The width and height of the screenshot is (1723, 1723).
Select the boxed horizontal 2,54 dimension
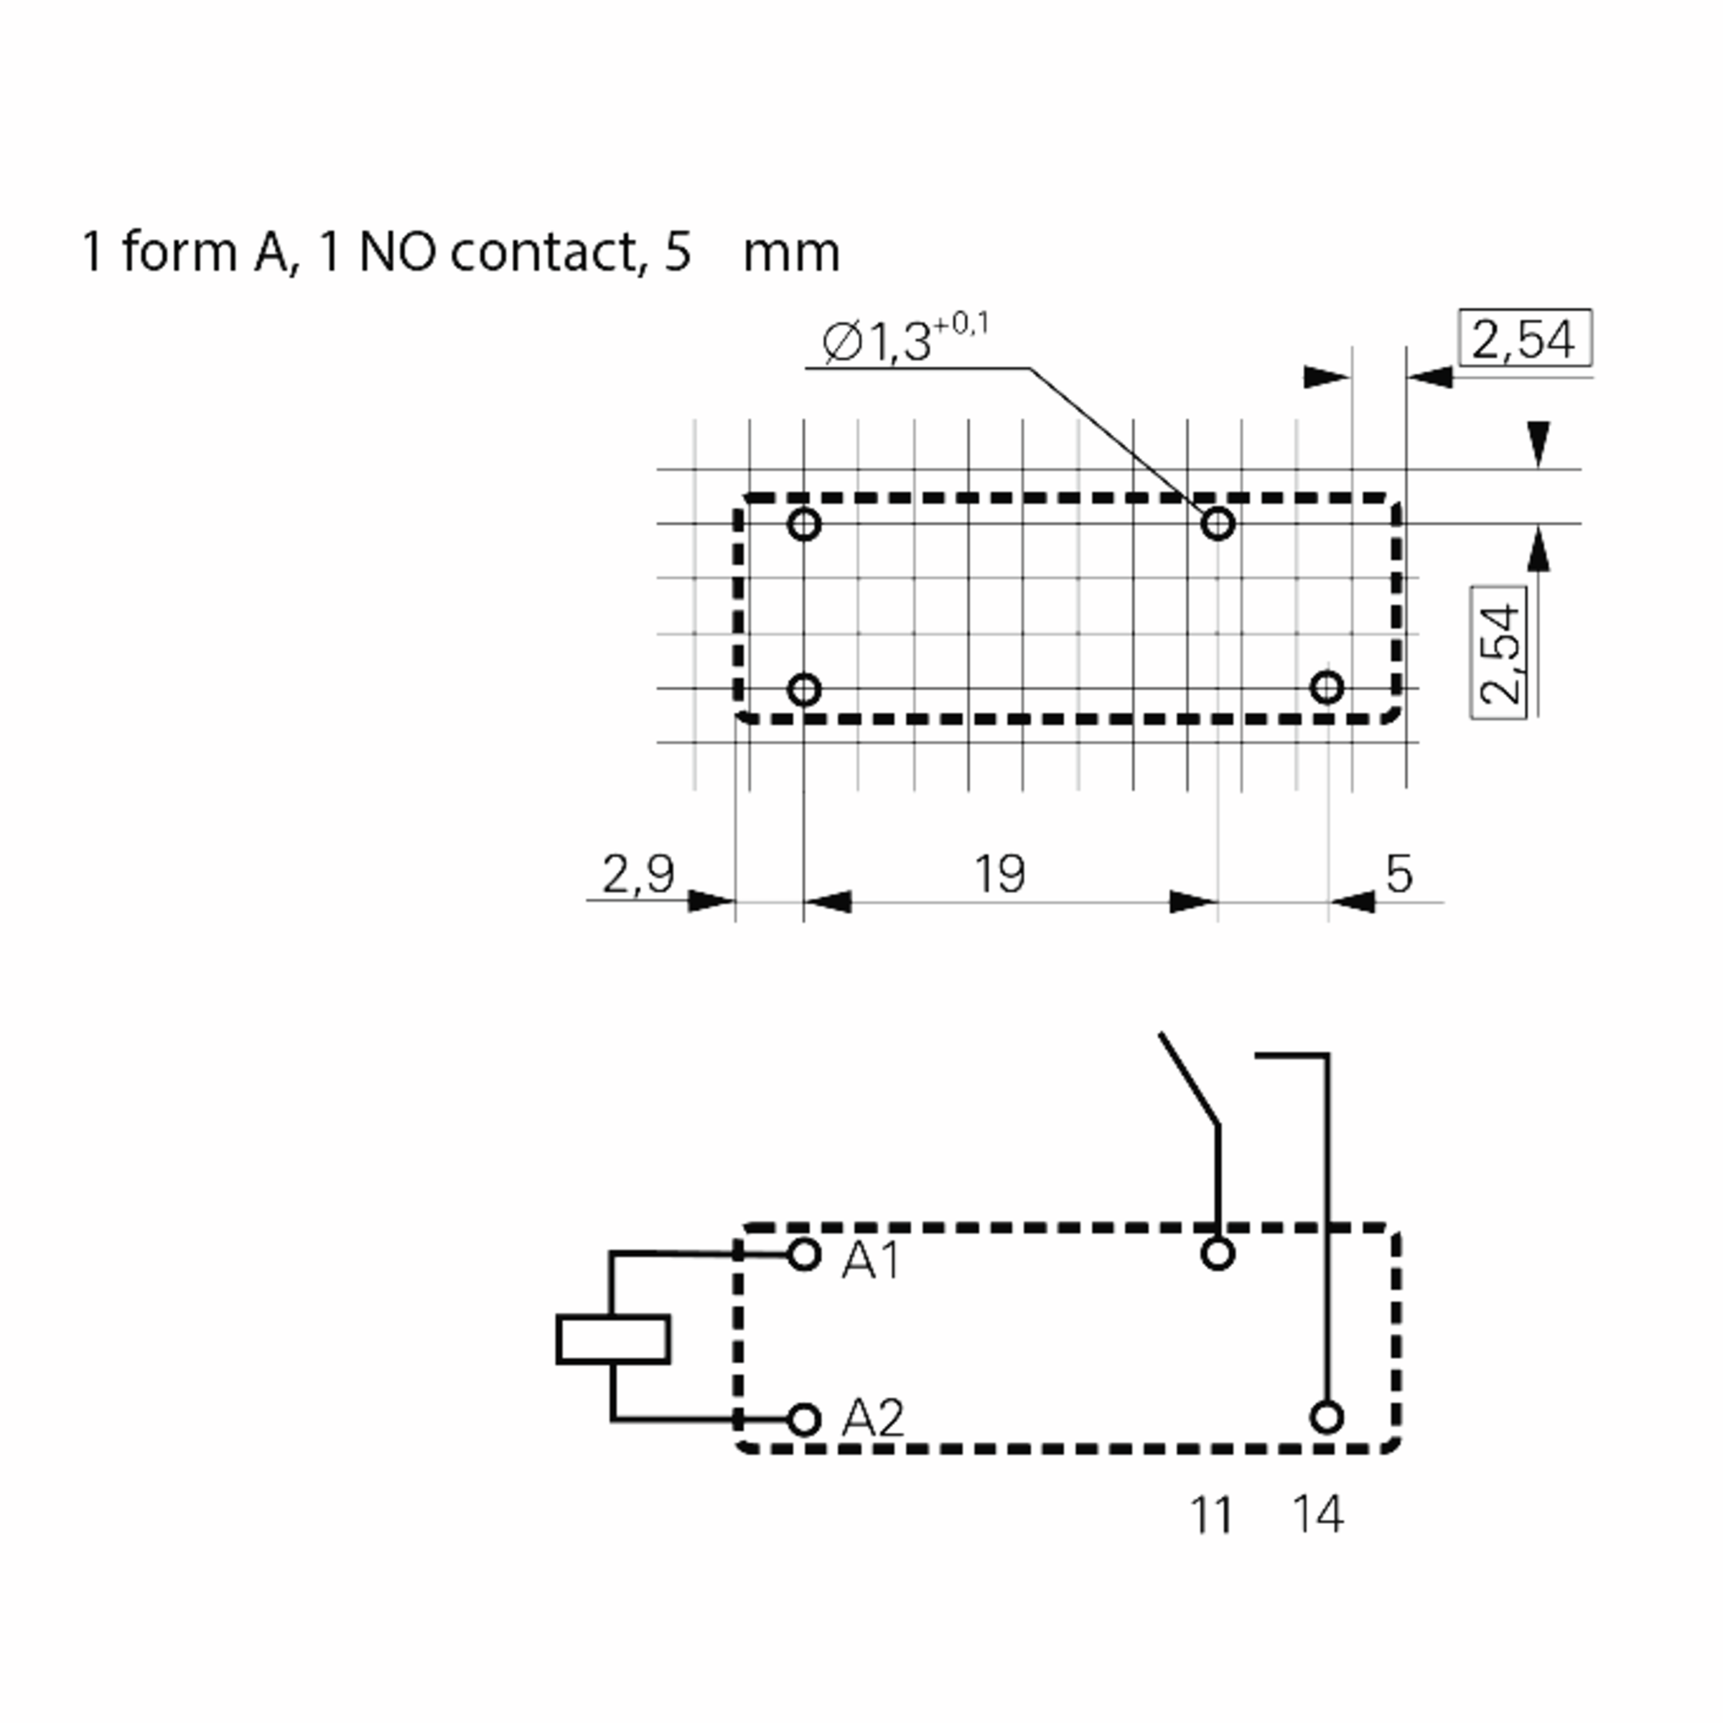tap(1524, 339)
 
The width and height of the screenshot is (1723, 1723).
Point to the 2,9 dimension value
tap(638, 873)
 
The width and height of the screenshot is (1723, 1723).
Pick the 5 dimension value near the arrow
tap(1399, 873)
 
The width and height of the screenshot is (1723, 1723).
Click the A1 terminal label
tap(870, 1260)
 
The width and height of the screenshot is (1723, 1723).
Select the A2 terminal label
tap(872, 1418)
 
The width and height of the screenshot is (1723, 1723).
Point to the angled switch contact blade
tap(1189, 1080)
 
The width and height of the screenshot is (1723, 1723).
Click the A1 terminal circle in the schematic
tap(803, 1255)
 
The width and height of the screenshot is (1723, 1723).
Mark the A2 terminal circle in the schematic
tap(803, 1419)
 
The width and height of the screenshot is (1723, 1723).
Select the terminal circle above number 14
tap(1327, 1417)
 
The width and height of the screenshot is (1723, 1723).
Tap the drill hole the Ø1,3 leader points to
tap(1218, 523)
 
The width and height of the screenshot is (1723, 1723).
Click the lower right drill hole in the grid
tap(1327, 688)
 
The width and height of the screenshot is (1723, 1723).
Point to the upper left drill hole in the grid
tap(803, 523)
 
